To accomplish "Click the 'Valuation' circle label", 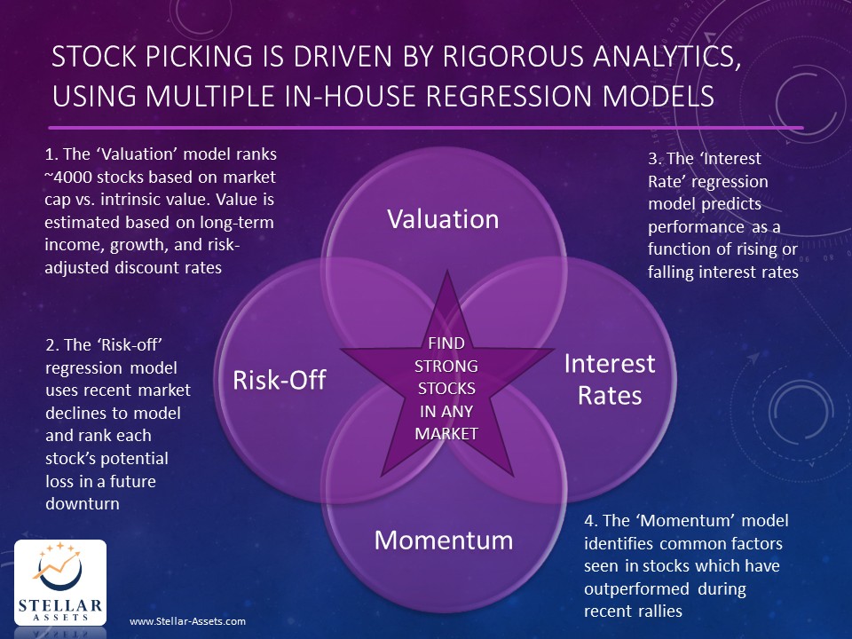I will [443, 219].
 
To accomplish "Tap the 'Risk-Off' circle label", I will [280, 381].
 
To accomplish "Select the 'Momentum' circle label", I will [443, 540].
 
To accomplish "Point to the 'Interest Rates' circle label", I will [610, 379].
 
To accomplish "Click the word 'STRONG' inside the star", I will [447, 366].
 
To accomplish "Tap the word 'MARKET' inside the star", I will [447, 433].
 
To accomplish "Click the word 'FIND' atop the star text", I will [447, 343].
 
